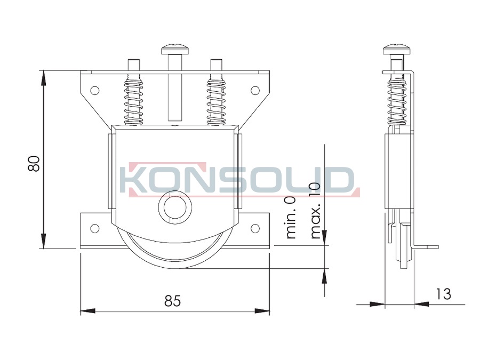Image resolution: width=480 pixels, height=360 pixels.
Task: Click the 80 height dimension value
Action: coord(34,164)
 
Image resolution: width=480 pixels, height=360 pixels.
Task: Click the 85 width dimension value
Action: coord(173,301)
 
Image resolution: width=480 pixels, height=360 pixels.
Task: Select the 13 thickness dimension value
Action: coord(444,294)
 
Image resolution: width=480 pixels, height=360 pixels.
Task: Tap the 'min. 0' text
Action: coord(290,217)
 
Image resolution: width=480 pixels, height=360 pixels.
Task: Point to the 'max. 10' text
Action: coord(315,211)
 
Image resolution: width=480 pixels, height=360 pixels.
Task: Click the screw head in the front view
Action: coord(175,49)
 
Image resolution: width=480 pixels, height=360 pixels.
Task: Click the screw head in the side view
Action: coord(397,49)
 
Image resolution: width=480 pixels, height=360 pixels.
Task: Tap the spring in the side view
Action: coord(397,99)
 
